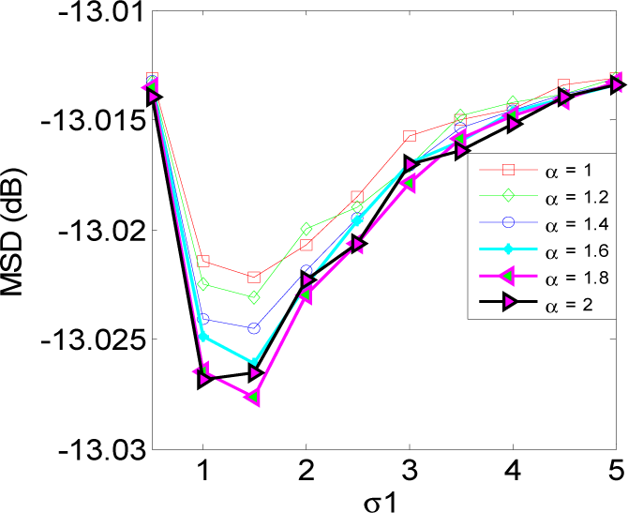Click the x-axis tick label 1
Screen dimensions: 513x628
(x=203, y=469)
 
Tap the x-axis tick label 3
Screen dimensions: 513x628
(x=410, y=469)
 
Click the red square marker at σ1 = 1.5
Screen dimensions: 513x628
(x=254, y=277)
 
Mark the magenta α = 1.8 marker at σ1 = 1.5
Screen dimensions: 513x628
(x=254, y=398)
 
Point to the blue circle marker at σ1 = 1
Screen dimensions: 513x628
(x=203, y=319)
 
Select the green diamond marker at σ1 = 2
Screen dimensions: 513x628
(x=307, y=230)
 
